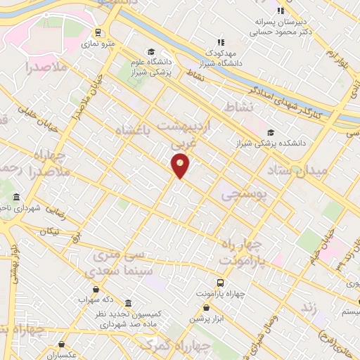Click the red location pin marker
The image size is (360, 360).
(x=181, y=165)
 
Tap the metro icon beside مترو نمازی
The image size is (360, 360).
(x=98, y=32)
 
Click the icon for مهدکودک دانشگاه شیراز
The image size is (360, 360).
(x=221, y=42)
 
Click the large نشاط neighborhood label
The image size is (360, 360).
(x=237, y=106)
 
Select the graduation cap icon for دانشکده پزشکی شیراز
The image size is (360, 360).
(x=271, y=132)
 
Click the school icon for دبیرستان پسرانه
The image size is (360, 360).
(x=281, y=10)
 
